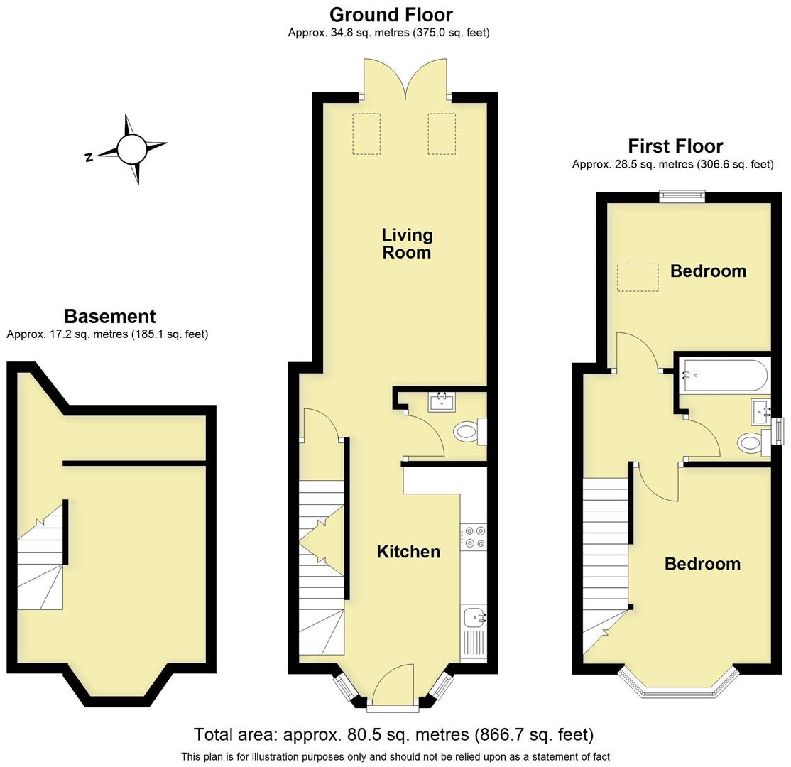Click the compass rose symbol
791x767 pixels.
[x=131, y=149]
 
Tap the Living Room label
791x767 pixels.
[x=407, y=243]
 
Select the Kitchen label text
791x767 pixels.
[x=408, y=552]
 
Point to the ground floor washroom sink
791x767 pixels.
[x=441, y=401]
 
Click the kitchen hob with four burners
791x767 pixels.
[x=474, y=537]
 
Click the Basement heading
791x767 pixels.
[x=109, y=316]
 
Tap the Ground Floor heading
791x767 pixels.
[x=391, y=14]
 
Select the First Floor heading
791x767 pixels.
[x=675, y=146]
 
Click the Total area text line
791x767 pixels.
[x=393, y=734]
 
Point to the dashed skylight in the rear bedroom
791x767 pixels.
[x=637, y=276]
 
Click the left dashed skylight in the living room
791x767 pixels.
[x=366, y=134]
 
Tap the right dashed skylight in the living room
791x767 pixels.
[x=441, y=134]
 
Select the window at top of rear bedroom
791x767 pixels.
[x=682, y=195]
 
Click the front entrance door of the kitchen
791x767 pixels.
[x=393, y=687]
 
